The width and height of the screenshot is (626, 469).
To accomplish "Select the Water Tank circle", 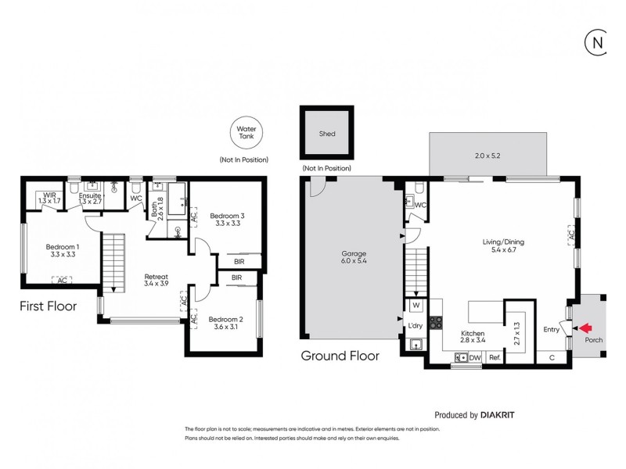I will point(243,132).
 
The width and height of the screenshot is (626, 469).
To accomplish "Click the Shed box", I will point(327,134).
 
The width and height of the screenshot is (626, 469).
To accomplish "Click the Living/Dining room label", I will point(502,247).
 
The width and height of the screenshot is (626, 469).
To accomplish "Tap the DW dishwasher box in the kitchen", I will point(474,358).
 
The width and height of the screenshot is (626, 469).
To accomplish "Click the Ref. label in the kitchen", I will point(495,358).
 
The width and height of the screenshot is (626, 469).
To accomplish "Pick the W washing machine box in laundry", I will point(416,306).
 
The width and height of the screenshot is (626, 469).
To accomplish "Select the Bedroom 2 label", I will point(226,323).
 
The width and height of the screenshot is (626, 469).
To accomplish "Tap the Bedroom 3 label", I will point(227,220).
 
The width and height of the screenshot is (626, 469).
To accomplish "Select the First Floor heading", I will point(48,306).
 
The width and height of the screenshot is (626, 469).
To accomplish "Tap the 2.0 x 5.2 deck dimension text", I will point(487,156).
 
